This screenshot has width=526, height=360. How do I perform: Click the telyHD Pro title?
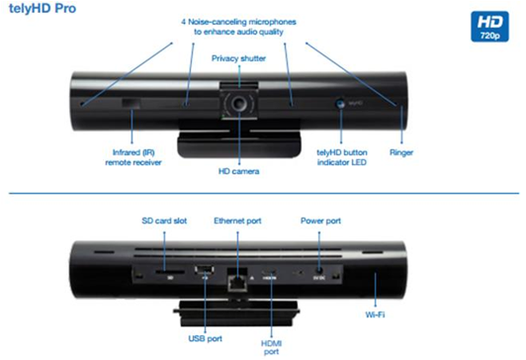(x=43, y=8)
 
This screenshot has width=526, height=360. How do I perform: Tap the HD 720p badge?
(x=489, y=27)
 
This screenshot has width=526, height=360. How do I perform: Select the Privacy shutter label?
(x=238, y=58)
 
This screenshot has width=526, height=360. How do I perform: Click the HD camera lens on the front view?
(x=239, y=103)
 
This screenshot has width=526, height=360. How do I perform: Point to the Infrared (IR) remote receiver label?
(x=133, y=157)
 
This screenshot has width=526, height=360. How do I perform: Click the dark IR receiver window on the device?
(x=131, y=104)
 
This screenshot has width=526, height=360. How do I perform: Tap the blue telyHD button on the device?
(x=340, y=103)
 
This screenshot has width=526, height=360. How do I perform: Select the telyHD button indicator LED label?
(x=342, y=157)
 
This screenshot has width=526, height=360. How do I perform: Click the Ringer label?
(x=401, y=152)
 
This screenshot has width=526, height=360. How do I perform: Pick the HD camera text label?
(x=239, y=171)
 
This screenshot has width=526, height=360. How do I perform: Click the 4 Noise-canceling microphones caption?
(x=238, y=27)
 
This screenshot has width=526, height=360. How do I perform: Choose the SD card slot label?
(x=164, y=221)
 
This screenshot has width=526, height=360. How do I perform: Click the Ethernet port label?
(x=237, y=221)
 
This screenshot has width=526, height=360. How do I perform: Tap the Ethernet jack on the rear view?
(x=237, y=280)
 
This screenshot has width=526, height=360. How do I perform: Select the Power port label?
(x=320, y=221)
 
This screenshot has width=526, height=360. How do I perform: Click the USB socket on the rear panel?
(x=205, y=269)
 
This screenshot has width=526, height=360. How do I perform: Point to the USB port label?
(x=206, y=338)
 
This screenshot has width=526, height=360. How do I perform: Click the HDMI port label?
(x=271, y=347)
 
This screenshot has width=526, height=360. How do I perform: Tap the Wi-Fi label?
(x=375, y=315)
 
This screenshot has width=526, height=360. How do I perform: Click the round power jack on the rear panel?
(x=319, y=269)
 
